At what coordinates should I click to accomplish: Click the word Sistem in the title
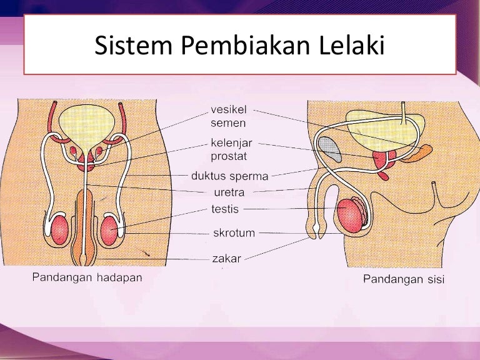click(x=134, y=45)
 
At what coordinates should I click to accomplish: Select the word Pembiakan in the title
click(x=246, y=45)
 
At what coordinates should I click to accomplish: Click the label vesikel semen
click(x=228, y=116)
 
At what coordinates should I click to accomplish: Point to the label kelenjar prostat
click(x=231, y=150)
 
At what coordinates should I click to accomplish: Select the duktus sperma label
click(x=229, y=176)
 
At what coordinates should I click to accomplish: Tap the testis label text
click(x=225, y=209)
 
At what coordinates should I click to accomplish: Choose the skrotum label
click(x=234, y=233)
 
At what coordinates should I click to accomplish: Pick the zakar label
click(x=226, y=259)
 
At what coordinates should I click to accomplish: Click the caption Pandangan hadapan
click(x=87, y=278)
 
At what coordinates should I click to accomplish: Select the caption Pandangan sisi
click(x=404, y=279)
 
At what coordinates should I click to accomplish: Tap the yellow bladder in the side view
click(x=385, y=131)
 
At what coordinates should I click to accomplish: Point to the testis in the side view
click(x=351, y=215)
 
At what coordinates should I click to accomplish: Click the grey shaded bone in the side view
click(x=330, y=149)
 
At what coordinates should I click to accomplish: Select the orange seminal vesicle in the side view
click(x=417, y=153)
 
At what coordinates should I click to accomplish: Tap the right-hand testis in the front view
click(x=109, y=231)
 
